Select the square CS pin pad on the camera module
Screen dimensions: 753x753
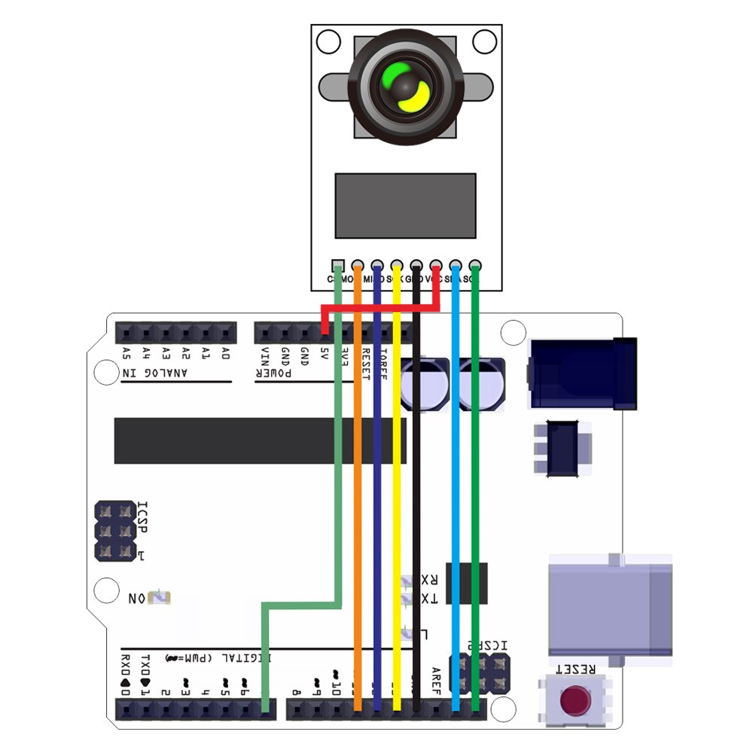click(x=338, y=265)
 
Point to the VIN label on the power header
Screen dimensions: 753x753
click(x=265, y=355)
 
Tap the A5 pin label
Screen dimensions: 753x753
click(x=126, y=353)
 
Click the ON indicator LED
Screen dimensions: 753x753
click(x=160, y=598)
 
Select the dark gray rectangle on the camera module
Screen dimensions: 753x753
click(x=405, y=205)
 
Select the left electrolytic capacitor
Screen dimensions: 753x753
click(x=425, y=383)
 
